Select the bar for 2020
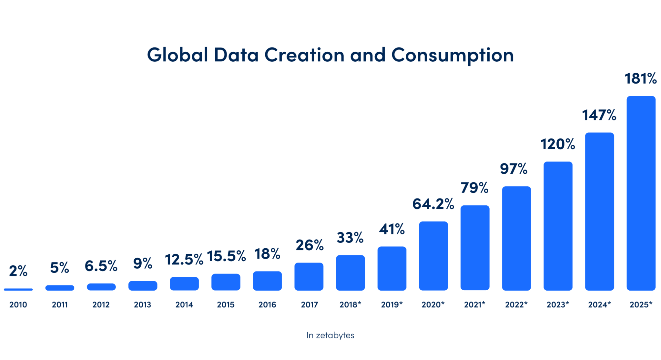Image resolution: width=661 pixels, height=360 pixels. tap(433, 256)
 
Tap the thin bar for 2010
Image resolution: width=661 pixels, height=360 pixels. tap(18, 289)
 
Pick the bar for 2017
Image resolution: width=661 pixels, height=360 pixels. tap(309, 276)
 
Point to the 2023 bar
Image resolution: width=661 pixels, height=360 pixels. tap(558, 226)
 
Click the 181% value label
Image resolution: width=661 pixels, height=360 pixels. tap(640, 78)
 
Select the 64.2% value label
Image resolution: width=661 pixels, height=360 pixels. tap(433, 204)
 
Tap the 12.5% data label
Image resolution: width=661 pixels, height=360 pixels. tap(184, 259)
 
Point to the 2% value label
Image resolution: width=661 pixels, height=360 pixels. tap(18, 271)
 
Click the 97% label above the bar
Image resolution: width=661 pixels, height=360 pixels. tap(514, 169)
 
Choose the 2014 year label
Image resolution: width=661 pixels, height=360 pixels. tap(184, 304)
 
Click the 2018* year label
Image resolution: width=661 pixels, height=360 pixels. tap(350, 304)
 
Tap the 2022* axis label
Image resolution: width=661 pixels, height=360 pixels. tap(516, 304)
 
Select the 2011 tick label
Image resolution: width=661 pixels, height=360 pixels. tap(60, 304)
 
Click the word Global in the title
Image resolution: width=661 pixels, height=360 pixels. tap(177, 55)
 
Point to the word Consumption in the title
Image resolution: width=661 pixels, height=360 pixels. tap(452, 55)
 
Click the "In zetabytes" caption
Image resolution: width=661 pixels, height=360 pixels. tap(330, 335)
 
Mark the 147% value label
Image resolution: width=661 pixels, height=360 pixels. tap(599, 115)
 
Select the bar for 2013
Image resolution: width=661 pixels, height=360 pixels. tap(143, 286)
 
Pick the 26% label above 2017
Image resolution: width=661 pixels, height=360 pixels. tap(309, 245)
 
